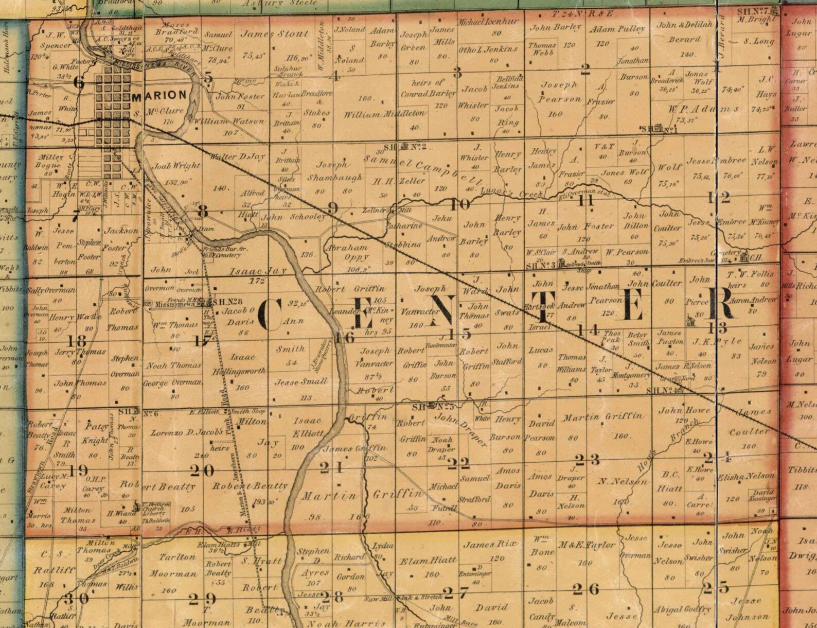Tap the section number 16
point(344,338)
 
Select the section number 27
point(455,593)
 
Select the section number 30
point(76,599)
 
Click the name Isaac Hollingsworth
point(241,363)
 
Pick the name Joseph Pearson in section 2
point(560,92)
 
